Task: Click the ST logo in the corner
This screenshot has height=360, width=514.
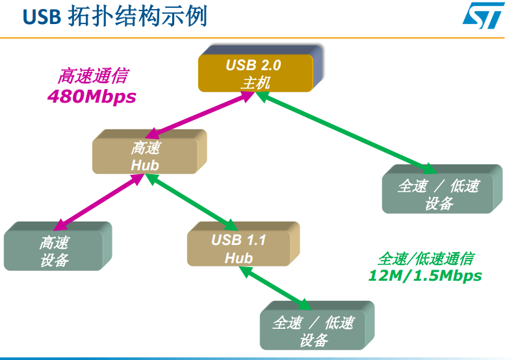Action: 483,16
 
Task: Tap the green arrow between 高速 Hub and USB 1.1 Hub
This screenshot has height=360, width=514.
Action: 189,201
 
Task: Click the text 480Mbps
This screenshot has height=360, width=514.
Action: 92,96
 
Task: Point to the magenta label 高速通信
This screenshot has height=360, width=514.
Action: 92,76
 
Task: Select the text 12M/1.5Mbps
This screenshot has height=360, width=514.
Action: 425,276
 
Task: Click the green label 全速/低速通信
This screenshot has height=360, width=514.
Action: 426,258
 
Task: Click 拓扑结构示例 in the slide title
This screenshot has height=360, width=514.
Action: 137,17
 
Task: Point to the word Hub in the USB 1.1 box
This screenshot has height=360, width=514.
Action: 238,258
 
